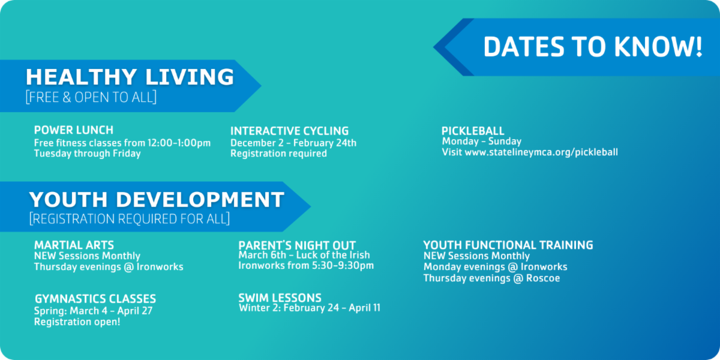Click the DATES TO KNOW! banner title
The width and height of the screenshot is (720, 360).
tap(593, 47)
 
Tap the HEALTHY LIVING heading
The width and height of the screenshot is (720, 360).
tap(130, 77)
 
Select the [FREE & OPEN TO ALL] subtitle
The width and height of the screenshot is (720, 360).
tap(91, 97)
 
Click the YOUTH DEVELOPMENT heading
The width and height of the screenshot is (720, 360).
tap(157, 199)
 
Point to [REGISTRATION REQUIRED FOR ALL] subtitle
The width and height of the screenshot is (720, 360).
tap(130, 218)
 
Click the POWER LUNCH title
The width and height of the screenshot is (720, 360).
tap(74, 130)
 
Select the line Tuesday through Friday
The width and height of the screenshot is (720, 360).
tap(88, 154)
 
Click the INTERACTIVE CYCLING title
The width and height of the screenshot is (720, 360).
tap(290, 131)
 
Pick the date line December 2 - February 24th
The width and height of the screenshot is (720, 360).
tap(293, 143)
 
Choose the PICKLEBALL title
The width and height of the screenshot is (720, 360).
tap(473, 131)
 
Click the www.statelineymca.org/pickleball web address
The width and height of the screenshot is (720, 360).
tap(541, 152)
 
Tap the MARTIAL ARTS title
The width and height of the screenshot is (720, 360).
tap(74, 245)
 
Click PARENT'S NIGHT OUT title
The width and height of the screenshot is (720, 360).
tap(297, 245)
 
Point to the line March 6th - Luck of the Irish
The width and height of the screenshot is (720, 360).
tap(304, 255)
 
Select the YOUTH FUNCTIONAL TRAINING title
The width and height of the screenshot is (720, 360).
tap(508, 245)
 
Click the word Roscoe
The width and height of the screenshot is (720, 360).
tap(543, 278)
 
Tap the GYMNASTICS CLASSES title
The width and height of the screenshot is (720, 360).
tap(95, 299)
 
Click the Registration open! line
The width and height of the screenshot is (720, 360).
tap(77, 322)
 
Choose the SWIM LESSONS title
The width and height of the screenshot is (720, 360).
tap(280, 298)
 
